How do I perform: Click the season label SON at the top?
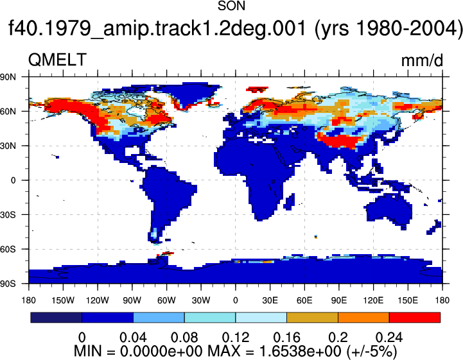[x=231, y=6]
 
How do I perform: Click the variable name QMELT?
[x=57, y=60]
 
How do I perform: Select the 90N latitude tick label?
[x=8, y=77]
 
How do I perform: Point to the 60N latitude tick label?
[x=8, y=112]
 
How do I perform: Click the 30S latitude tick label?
[x=8, y=215]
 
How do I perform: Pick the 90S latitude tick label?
[x=8, y=284]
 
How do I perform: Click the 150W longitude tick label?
[x=63, y=300]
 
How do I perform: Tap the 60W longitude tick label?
[x=166, y=300]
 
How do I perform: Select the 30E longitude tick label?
[x=270, y=300]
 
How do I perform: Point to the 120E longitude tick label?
[x=373, y=300]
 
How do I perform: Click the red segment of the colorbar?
[x=415, y=318]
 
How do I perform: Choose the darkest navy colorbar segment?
[x=56, y=318]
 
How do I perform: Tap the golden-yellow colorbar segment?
[x=312, y=318]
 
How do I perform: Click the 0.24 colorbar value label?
[x=389, y=338]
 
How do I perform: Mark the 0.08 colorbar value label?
[x=184, y=338]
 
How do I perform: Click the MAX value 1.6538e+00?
[x=300, y=351]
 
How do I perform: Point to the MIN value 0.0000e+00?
[x=161, y=351]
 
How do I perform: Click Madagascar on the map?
[x=290, y=201]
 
